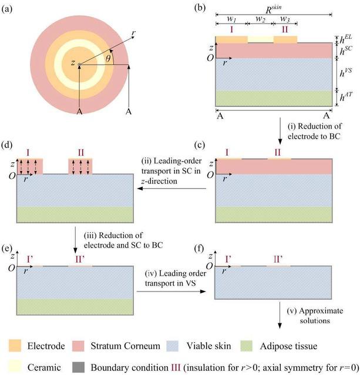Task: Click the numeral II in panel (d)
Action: click(81, 153)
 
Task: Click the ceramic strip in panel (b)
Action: click(261, 39)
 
